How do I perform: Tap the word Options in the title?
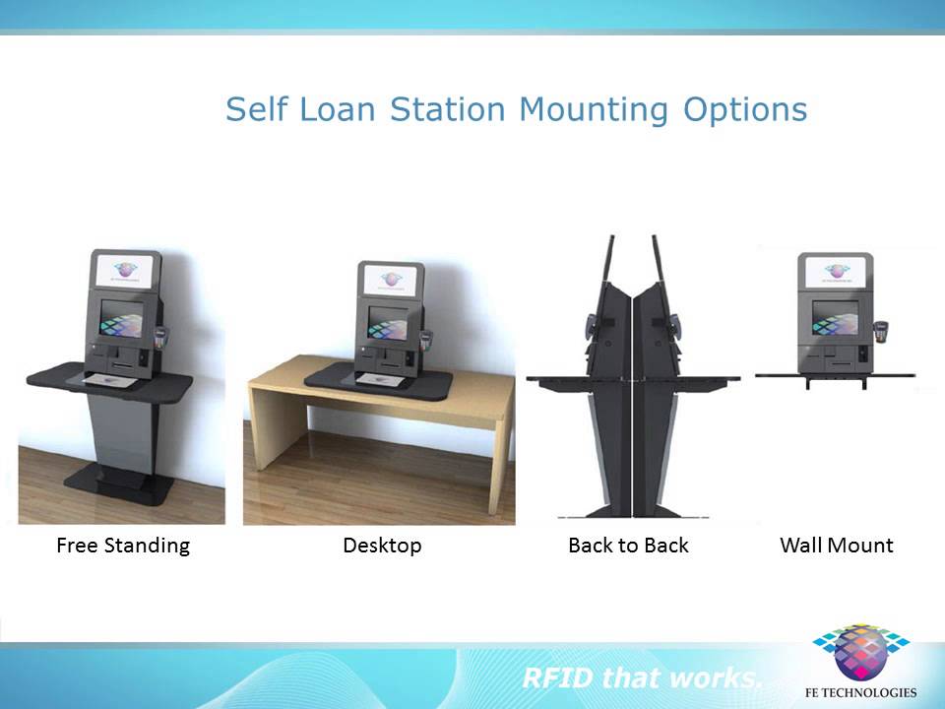point(745,109)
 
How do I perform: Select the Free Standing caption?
point(123,545)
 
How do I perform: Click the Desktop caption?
point(382,545)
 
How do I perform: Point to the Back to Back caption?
point(628,545)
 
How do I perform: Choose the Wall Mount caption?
point(836,545)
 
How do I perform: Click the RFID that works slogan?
point(642,677)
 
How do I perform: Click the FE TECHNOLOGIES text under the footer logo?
point(863,692)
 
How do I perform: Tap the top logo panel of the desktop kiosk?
point(391,277)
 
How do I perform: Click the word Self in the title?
point(255,109)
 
